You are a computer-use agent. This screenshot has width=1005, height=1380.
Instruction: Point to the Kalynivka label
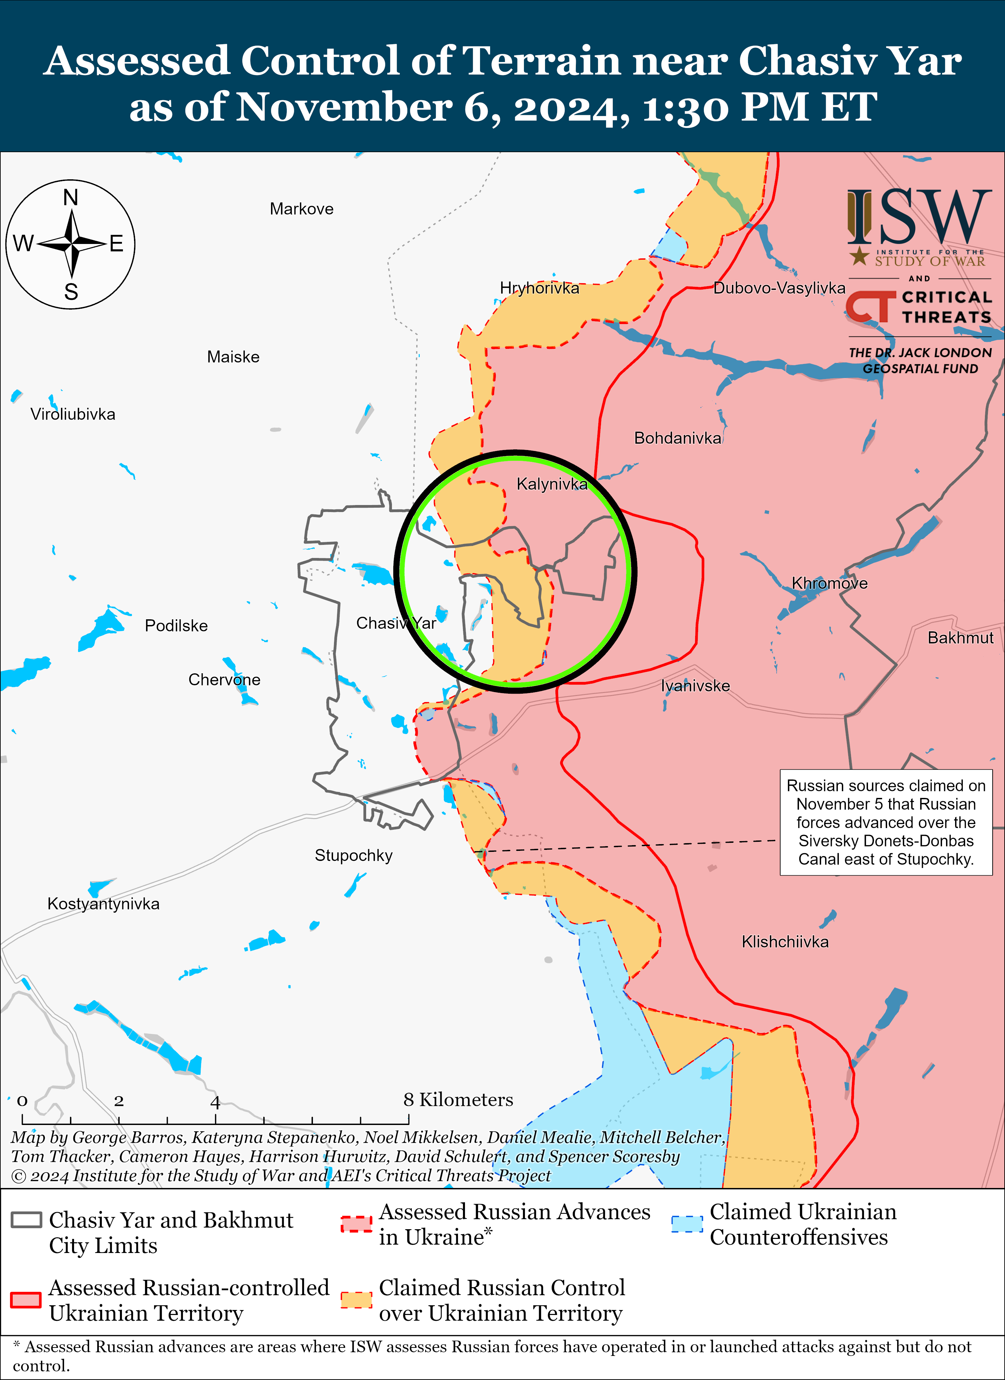(x=552, y=484)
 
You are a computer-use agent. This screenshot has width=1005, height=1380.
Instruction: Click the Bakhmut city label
(x=960, y=638)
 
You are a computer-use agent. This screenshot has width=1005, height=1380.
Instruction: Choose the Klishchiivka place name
(x=785, y=942)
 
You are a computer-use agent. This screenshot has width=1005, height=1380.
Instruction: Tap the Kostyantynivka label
(x=104, y=903)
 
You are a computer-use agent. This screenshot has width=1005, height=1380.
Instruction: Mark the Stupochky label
(x=353, y=856)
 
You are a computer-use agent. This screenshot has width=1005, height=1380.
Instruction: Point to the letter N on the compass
(x=71, y=198)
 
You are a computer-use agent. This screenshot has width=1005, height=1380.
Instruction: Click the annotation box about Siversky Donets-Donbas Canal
(x=886, y=822)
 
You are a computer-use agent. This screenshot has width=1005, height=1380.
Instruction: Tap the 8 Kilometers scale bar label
(x=458, y=1100)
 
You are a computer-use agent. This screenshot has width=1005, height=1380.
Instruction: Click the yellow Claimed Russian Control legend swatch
(x=356, y=1300)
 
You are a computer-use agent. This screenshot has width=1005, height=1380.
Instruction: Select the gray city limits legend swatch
(x=26, y=1220)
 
